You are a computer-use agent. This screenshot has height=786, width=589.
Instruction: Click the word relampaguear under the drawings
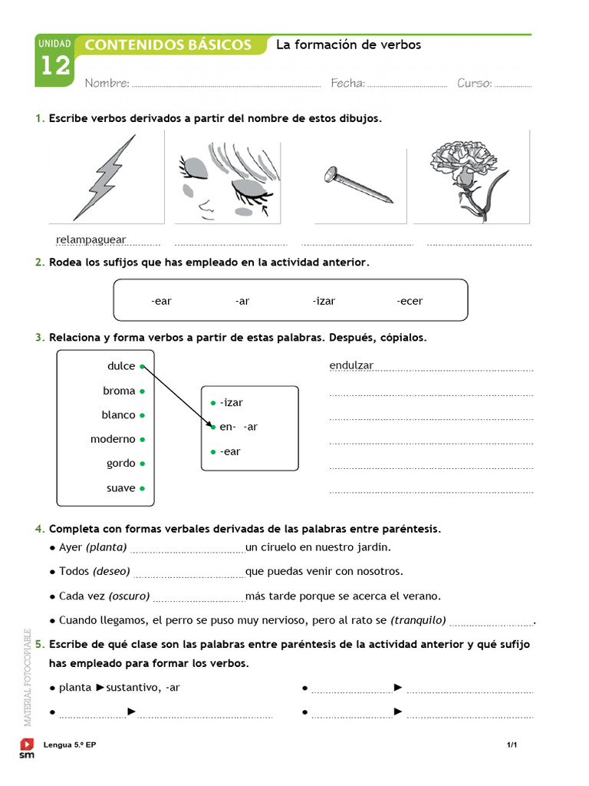(90, 239)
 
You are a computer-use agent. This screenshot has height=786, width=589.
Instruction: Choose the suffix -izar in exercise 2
(324, 301)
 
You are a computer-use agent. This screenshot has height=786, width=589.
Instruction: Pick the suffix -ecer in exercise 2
(410, 301)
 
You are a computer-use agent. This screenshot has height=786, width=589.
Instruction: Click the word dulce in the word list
(121, 366)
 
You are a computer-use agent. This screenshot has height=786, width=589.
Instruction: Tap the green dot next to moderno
(143, 440)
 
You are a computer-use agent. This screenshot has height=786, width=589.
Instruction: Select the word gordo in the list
(120, 464)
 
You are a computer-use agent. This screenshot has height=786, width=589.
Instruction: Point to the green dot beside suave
(143, 488)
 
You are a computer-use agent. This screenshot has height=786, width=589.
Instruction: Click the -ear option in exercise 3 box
(229, 451)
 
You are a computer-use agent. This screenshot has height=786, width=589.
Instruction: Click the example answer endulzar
(351, 365)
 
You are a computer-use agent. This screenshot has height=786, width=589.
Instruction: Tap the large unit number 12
(54, 66)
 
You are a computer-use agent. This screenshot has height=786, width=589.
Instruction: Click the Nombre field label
(107, 83)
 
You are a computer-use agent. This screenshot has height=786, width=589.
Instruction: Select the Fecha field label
(347, 83)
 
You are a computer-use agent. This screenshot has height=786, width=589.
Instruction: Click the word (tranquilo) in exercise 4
(418, 620)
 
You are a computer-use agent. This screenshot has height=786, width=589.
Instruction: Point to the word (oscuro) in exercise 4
(129, 596)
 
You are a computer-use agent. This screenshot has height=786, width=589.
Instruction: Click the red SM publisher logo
(27, 748)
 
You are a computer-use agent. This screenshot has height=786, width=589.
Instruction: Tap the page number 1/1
(512, 745)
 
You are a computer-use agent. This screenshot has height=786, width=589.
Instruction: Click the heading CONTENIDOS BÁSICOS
(168, 45)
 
